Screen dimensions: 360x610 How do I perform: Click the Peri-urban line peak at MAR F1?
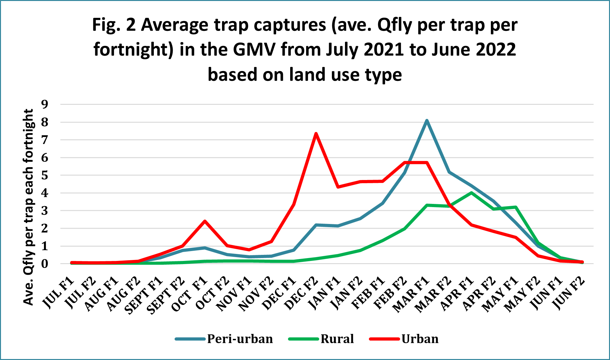click(427, 120)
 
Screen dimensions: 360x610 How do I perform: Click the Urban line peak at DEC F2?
click(316, 133)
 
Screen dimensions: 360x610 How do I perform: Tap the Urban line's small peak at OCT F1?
click(205, 221)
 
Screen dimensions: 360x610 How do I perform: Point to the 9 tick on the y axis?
click(45, 104)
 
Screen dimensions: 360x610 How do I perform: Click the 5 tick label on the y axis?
click(45, 175)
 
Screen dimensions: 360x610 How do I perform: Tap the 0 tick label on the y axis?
click(45, 264)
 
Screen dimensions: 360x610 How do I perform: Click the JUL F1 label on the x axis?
click(59, 293)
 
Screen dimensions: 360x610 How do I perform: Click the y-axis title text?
click(28, 207)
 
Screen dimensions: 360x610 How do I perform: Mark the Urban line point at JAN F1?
click(338, 187)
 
